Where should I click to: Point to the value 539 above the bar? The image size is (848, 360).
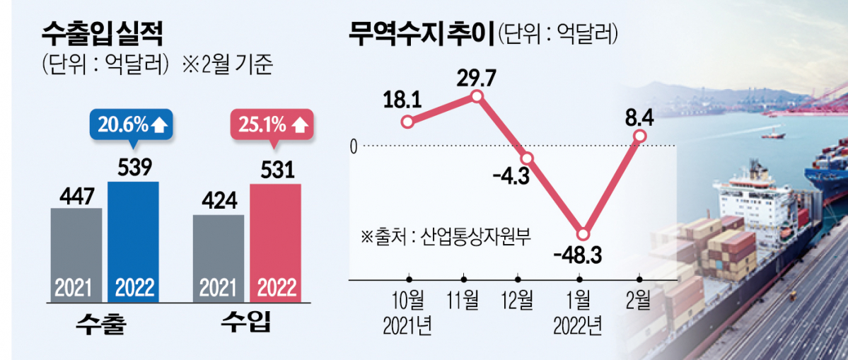pyautogui.click(x=133, y=168)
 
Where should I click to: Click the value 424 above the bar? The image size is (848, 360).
pyautogui.click(x=219, y=202)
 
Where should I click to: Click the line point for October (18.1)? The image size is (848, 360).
pyautogui.click(x=407, y=122)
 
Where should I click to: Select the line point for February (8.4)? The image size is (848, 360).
pyautogui.click(x=640, y=136)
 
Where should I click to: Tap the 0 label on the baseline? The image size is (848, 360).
pyautogui.click(x=354, y=147)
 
